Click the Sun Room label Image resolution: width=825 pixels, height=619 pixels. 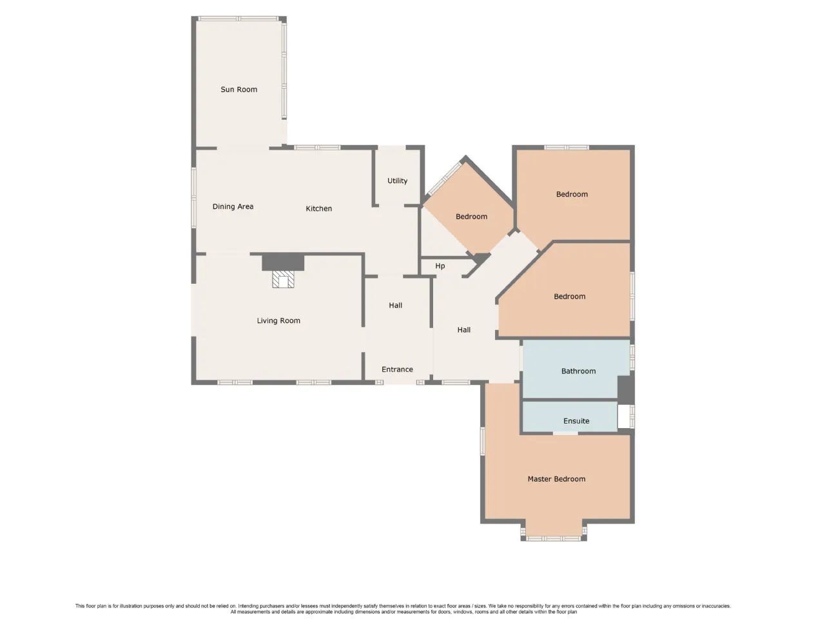point(238,90)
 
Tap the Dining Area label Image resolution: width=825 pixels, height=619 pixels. point(233,206)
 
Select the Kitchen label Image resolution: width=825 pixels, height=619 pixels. point(319,208)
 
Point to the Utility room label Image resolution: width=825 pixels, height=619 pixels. point(397,181)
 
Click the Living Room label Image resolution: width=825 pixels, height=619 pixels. point(278,320)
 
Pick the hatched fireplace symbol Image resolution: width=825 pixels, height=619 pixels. point(283,279)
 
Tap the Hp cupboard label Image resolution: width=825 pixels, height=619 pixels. point(440,266)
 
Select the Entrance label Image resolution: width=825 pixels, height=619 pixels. point(397,369)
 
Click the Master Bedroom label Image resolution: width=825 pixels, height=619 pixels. point(556,479)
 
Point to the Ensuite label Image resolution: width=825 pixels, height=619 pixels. point(576,421)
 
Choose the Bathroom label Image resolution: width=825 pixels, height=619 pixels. point(578,371)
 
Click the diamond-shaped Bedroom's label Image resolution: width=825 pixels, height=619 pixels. point(471,217)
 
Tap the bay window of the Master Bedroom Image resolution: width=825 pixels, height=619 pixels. point(553,538)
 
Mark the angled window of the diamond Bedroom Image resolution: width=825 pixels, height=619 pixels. point(445,178)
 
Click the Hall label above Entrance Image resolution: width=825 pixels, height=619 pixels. point(395,305)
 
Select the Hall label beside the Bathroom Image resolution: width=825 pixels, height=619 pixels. point(464,329)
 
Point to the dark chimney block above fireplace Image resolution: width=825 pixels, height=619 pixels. point(283,262)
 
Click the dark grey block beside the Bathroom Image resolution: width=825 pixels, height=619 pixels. point(626,389)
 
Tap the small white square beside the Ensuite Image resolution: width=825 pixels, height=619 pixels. point(624,416)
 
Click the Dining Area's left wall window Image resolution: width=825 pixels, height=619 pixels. point(194,197)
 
